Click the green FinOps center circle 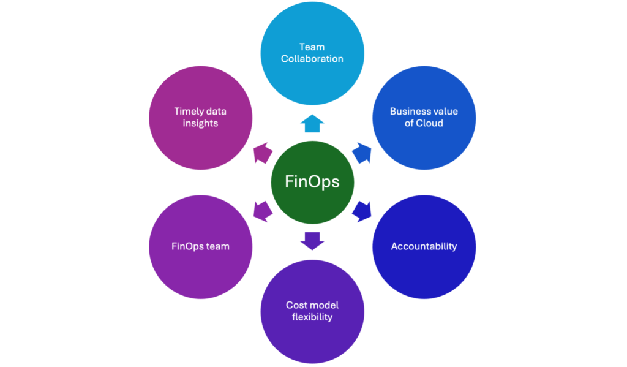(312, 182)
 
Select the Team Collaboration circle (312, 53)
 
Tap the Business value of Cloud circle (424, 117)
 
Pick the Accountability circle (424, 246)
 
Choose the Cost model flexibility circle (312, 311)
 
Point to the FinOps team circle (201, 246)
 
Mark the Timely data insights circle (201, 117)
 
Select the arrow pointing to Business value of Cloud (362, 153)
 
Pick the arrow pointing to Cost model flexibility (312, 240)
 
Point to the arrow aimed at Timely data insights (263, 153)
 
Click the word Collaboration (312, 59)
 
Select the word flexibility (312, 317)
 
